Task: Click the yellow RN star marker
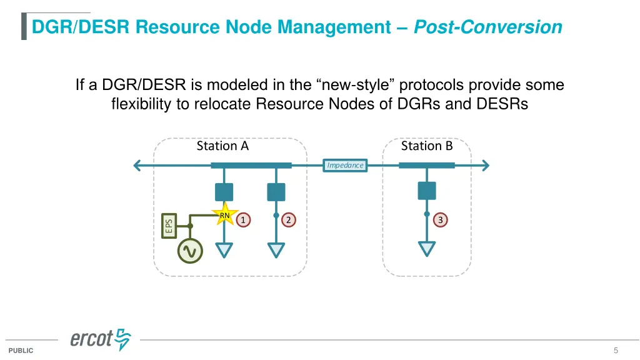click(x=224, y=216)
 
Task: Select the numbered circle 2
click(x=289, y=219)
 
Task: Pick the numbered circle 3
click(x=441, y=219)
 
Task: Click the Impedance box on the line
click(x=345, y=165)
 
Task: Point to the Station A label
click(x=222, y=146)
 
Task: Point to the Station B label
click(x=426, y=146)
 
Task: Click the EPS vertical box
click(x=169, y=225)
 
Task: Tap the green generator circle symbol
click(x=190, y=251)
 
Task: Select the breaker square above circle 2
click(x=276, y=192)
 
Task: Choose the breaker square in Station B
click(x=427, y=190)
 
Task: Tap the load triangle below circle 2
click(x=276, y=250)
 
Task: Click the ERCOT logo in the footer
click(x=100, y=340)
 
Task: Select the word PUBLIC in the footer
click(x=21, y=351)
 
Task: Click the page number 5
click(x=616, y=350)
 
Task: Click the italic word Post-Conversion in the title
click(x=487, y=27)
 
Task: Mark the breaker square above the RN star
click(x=224, y=192)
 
